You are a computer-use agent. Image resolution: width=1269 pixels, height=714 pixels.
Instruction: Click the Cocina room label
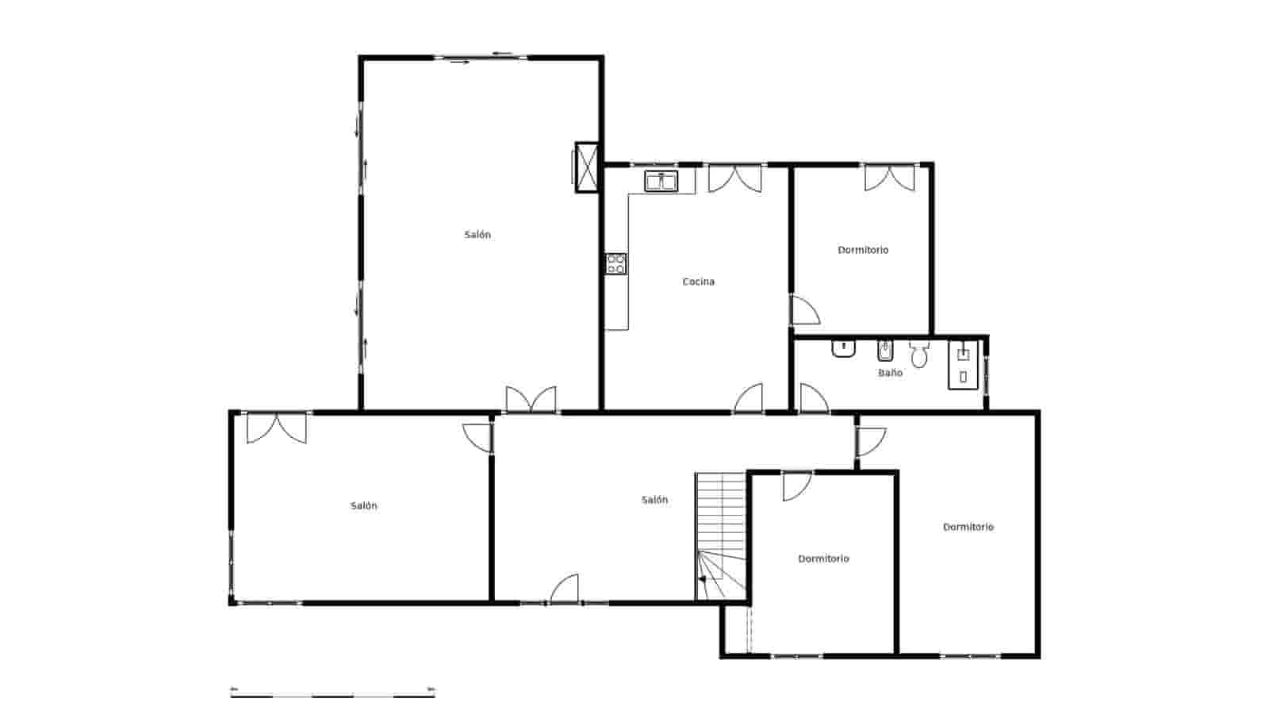pyautogui.click(x=698, y=282)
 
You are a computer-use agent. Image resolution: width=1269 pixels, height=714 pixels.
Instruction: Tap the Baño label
pyautogui.click(x=890, y=373)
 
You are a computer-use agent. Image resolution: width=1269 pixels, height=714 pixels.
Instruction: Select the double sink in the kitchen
pyautogui.click(x=661, y=182)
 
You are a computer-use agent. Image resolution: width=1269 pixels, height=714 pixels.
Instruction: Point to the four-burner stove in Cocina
pyautogui.click(x=616, y=263)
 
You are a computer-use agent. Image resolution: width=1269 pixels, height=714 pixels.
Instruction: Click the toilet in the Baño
pyautogui.click(x=919, y=355)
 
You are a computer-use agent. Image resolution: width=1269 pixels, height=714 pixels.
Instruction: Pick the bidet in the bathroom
pyautogui.click(x=885, y=350)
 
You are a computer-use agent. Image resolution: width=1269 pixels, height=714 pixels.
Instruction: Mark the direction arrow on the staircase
pyautogui.click(x=702, y=579)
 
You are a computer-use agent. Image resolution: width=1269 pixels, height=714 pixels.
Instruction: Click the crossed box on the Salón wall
pyautogui.click(x=586, y=167)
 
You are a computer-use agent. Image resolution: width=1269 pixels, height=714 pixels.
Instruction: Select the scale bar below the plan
pyautogui.click(x=332, y=693)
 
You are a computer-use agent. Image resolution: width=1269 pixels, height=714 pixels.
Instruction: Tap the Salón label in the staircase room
pyautogui.click(x=655, y=500)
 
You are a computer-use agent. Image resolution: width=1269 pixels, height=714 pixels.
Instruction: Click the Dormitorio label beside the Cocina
pyautogui.click(x=863, y=250)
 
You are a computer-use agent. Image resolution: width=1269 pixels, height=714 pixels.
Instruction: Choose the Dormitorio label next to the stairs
pyautogui.click(x=823, y=559)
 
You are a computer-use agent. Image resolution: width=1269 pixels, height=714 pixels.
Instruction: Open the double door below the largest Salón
pyautogui.click(x=531, y=400)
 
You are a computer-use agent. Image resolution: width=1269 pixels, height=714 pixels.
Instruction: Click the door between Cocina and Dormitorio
pyautogui.click(x=804, y=311)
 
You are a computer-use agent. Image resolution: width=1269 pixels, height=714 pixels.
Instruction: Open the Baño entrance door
pyautogui.click(x=813, y=399)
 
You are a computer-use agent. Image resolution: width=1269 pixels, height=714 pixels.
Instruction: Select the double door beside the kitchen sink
pyautogui.click(x=734, y=178)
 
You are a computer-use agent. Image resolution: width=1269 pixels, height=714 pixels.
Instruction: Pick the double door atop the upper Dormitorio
pyautogui.click(x=889, y=177)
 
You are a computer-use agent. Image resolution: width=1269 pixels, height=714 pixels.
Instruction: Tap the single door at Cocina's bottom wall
pyautogui.click(x=749, y=399)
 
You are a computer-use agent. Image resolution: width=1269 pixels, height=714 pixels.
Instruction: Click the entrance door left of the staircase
pyautogui.click(x=565, y=589)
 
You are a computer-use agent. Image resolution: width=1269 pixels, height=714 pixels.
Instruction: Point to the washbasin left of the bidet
pyautogui.click(x=843, y=349)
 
